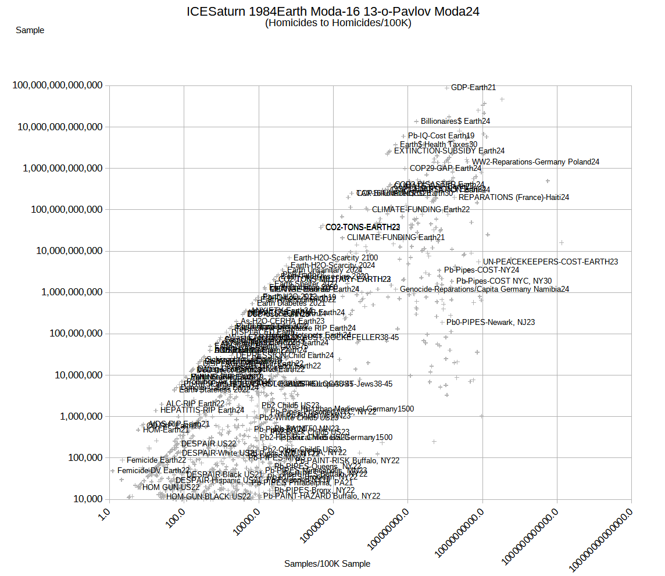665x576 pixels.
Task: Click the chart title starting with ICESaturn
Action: click(333, 11)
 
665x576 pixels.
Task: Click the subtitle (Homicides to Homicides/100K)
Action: click(338, 23)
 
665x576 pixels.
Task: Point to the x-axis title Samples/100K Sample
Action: click(327, 564)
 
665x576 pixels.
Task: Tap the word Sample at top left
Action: click(30, 30)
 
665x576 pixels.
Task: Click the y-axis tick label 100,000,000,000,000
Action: click(58, 85)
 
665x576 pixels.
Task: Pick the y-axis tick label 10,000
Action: click(87, 499)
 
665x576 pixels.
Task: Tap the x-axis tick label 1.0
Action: click(104, 514)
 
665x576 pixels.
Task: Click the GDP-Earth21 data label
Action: click(473, 88)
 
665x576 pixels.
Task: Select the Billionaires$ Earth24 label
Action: click(455, 121)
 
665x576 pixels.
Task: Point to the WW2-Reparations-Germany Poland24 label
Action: click(535, 162)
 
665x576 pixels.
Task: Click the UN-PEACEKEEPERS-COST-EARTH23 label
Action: click(550, 262)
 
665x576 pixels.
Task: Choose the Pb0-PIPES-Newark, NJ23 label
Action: click(491, 322)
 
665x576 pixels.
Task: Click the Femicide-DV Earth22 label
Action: click(153, 470)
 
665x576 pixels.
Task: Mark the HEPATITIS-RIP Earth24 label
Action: click(202, 410)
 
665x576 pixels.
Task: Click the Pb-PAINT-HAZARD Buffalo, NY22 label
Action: click(321, 496)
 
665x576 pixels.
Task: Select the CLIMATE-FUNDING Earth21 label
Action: click(395, 237)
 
